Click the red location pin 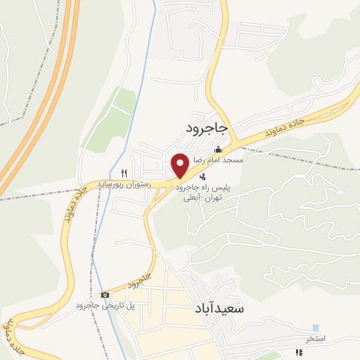(180, 166)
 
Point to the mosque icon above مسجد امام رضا (218, 149)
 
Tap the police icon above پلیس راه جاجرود (203, 176)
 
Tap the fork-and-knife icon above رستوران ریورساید (124, 172)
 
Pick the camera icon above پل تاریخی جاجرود (105, 295)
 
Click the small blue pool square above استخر (316, 328)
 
